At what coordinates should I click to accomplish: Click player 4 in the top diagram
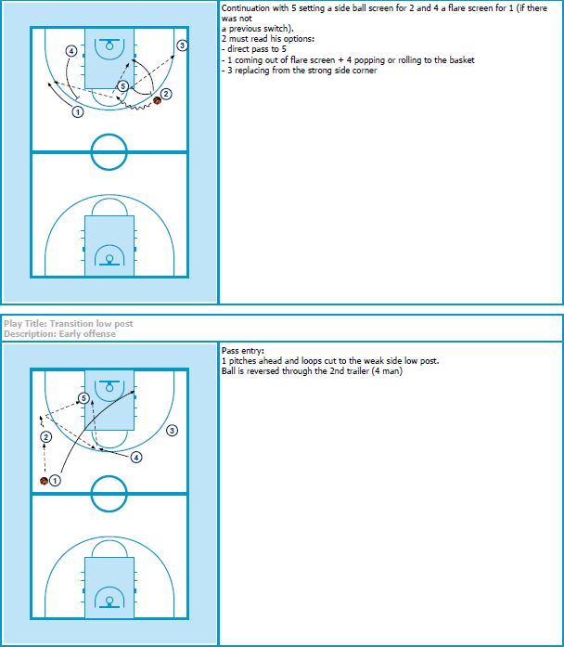point(71,51)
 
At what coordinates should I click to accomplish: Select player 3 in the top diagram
point(182,45)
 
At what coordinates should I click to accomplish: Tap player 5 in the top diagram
point(122,85)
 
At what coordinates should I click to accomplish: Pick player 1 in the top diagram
point(78,111)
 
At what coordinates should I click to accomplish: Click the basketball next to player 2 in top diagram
point(157,100)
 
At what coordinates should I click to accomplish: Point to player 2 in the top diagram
point(166,94)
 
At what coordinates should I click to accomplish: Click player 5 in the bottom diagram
point(83,398)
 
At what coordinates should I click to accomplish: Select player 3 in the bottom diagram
point(172,431)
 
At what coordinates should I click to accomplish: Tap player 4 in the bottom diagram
point(136,458)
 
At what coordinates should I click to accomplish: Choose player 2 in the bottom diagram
point(45,437)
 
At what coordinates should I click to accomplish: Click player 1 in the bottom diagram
point(55,480)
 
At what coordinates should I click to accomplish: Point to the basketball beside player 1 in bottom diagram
point(45,481)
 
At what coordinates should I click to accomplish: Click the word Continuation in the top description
point(245,7)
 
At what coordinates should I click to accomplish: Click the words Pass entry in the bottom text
point(242,351)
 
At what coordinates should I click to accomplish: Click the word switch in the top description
point(277,29)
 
